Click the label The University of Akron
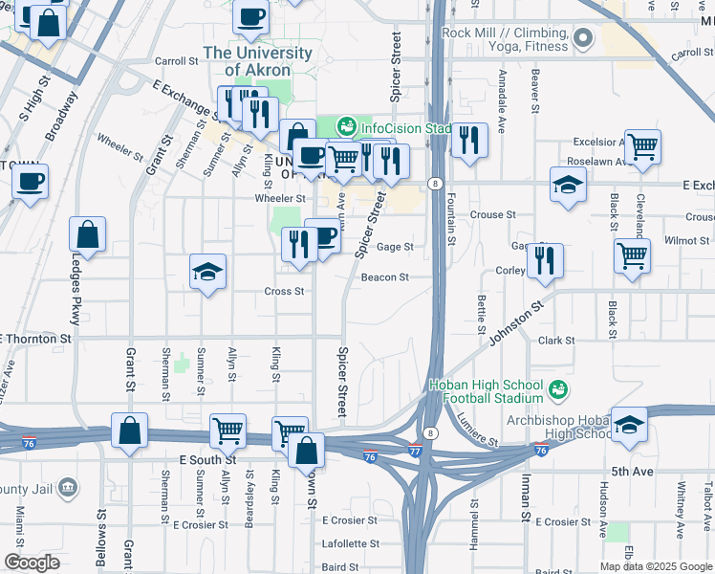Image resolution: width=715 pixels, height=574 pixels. (257, 61)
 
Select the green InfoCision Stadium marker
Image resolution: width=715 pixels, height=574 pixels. (345, 126)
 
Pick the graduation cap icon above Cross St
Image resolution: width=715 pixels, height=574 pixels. (207, 273)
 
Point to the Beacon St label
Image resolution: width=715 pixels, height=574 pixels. (385, 277)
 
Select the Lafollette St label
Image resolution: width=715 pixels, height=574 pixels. (350, 543)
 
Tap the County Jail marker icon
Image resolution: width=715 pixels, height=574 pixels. (67, 489)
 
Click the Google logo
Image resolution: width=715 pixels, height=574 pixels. (32, 563)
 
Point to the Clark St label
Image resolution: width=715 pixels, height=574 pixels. (555, 341)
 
